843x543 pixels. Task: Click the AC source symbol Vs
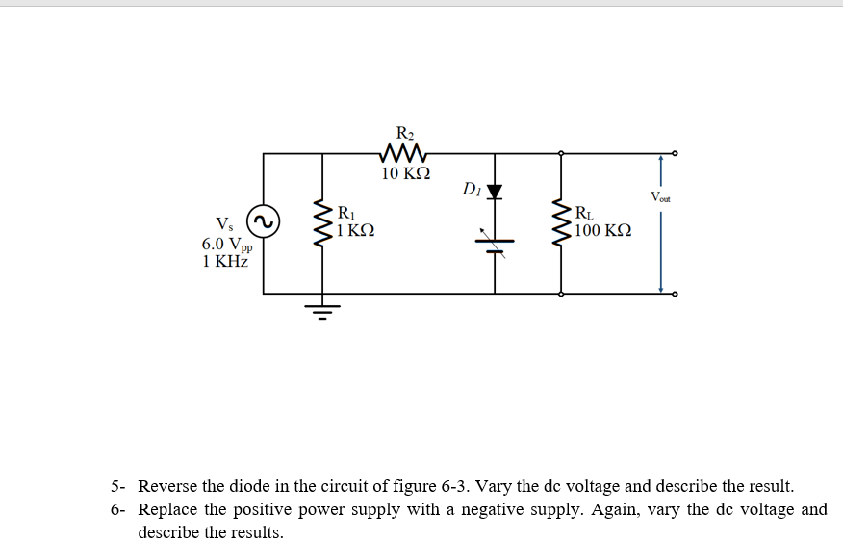[x=263, y=220]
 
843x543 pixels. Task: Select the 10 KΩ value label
[x=405, y=174]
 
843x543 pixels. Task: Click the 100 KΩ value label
[x=602, y=231]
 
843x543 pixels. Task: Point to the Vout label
[x=660, y=197]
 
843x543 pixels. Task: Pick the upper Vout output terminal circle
[x=675, y=152]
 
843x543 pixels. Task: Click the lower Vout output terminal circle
[x=675, y=294]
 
